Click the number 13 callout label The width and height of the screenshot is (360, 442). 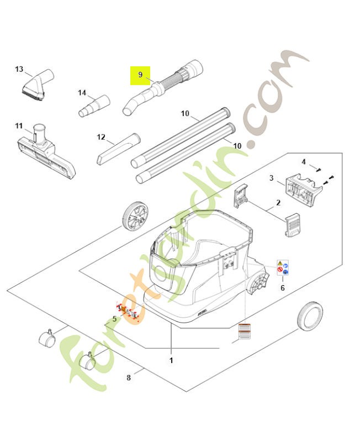(19, 69)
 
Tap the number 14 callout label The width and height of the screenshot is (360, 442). (82, 92)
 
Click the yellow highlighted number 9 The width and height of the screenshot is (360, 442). (140, 74)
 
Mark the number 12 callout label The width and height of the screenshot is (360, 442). (100, 136)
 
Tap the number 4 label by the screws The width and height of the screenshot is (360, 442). (303, 161)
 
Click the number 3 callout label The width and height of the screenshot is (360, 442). (272, 178)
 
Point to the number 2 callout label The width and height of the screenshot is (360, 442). (278, 202)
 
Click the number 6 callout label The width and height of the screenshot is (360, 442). (283, 287)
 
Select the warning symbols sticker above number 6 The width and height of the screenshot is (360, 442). (283, 268)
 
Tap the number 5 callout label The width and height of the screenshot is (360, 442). (114, 318)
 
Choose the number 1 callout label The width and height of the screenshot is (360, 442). (171, 360)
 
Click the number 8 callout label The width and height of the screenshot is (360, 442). (129, 378)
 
